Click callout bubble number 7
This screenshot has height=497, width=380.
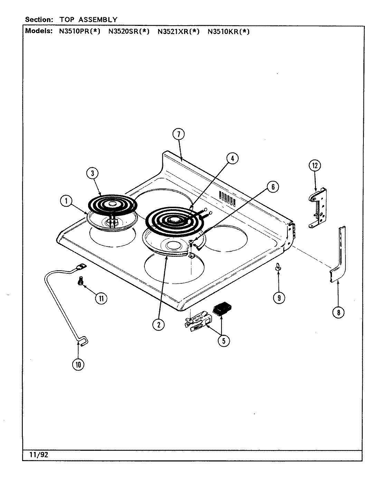pyautogui.click(x=179, y=135)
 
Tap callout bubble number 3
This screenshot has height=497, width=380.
pyautogui.click(x=92, y=174)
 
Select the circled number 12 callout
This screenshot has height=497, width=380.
pyautogui.click(x=315, y=166)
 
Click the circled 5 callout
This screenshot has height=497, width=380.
pyautogui.click(x=224, y=341)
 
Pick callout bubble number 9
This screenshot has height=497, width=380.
pyautogui.click(x=279, y=297)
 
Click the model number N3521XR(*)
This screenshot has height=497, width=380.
pyautogui.click(x=179, y=32)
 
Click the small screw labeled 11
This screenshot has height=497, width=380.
pyautogui.click(x=80, y=282)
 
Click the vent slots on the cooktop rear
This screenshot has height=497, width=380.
pyautogui.click(x=228, y=199)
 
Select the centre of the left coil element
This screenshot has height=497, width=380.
pyautogui.click(x=112, y=205)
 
